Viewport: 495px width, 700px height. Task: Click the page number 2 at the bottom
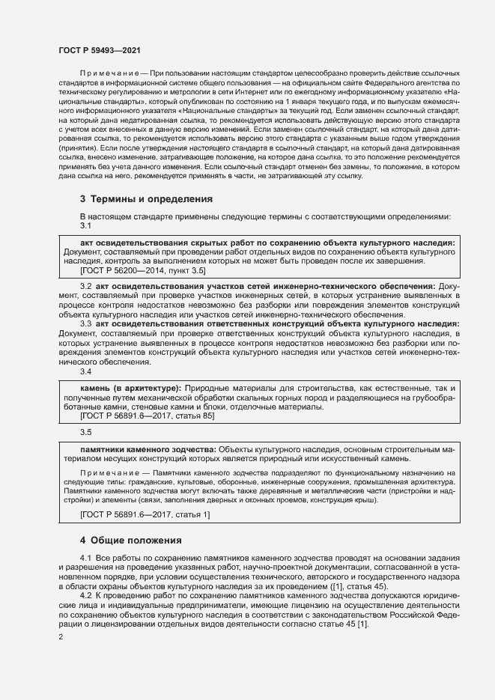61,637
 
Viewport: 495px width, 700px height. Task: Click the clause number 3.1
85,225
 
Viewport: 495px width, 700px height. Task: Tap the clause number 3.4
85,371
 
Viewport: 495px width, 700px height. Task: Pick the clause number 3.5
85,432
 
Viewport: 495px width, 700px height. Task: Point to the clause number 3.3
85,323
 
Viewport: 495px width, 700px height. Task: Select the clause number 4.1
85,559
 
